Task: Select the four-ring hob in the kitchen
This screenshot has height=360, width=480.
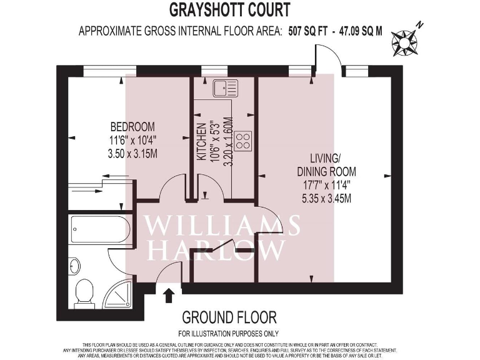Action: tap(242, 141)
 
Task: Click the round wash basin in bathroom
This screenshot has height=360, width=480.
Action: tap(74, 266)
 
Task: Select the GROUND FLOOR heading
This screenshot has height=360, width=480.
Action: tap(228, 317)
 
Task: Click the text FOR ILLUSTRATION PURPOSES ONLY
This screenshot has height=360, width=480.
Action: tap(228, 334)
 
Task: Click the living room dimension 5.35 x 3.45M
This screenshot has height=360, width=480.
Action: tap(326, 199)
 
